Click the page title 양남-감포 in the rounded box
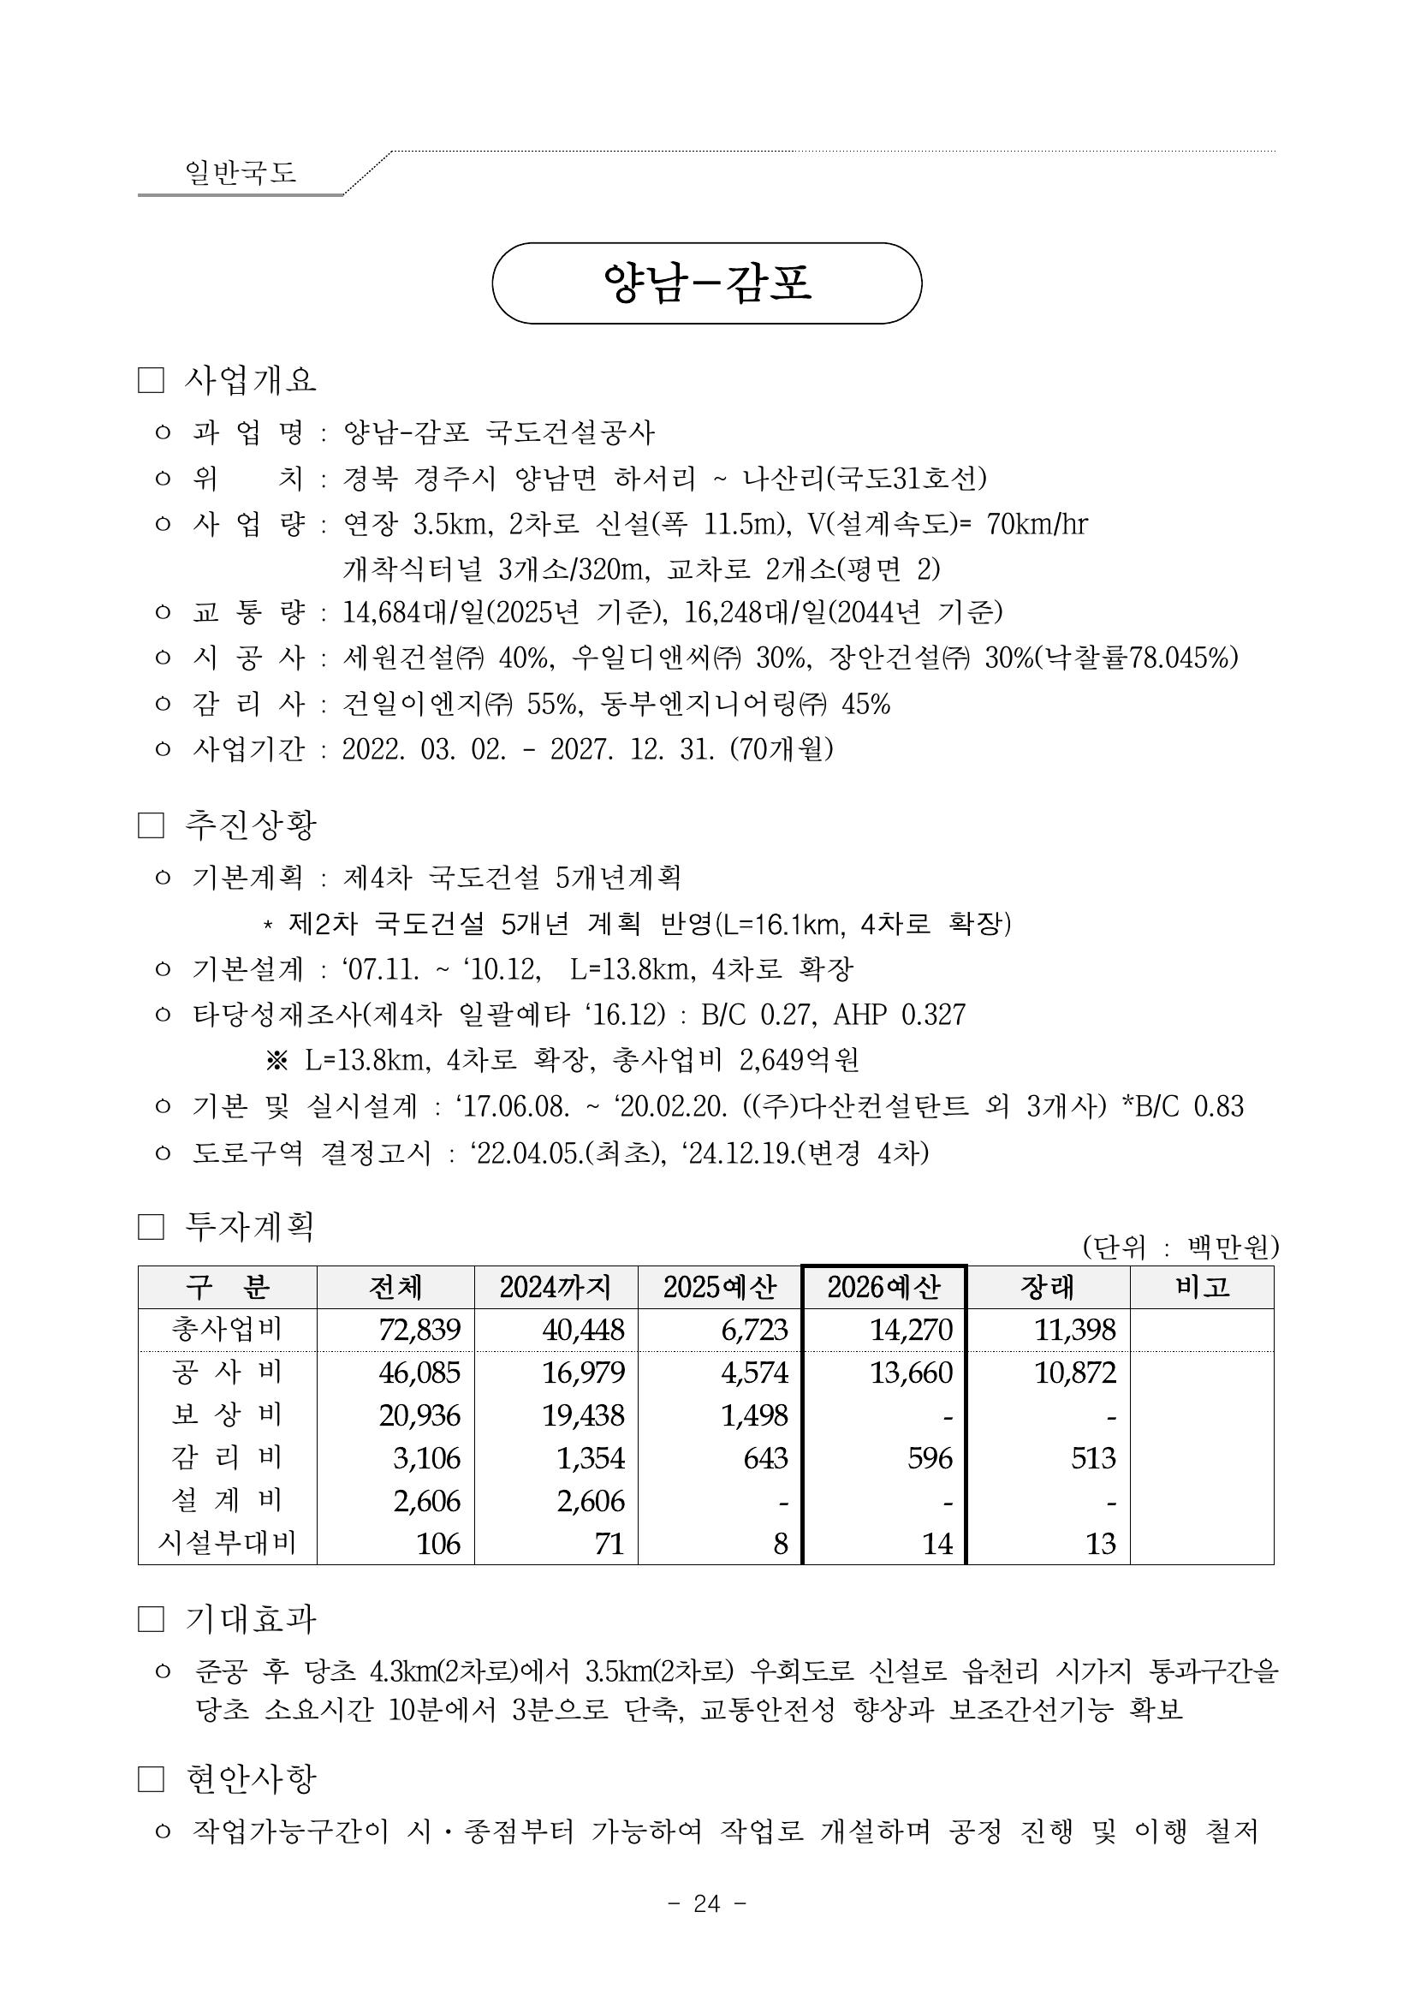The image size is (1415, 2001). click(706, 283)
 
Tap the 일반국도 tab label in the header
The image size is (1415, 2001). click(241, 172)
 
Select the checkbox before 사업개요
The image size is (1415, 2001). click(151, 381)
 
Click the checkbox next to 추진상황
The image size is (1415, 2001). click(151, 825)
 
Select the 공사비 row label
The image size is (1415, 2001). click(227, 1373)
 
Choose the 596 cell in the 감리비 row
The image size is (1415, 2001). click(930, 1458)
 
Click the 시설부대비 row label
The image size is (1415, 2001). click(227, 1544)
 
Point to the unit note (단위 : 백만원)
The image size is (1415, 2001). click(1180, 1248)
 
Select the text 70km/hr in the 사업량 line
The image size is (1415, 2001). click(1037, 524)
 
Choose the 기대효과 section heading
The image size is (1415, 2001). click(250, 1620)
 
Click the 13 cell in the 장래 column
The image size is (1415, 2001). click(1101, 1544)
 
